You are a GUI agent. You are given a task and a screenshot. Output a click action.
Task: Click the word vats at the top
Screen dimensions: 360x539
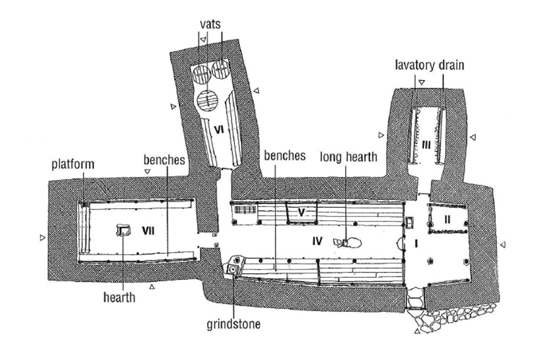point(212,22)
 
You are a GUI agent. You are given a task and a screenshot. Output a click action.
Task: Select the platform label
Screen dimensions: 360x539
point(77,162)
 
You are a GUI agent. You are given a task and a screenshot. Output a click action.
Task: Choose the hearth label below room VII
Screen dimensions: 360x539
point(119,298)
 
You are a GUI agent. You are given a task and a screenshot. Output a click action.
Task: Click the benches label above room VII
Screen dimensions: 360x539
point(164,160)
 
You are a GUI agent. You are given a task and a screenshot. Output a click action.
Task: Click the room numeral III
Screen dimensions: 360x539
point(426,145)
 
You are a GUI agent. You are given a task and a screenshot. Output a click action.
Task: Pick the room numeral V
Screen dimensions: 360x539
point(301,213)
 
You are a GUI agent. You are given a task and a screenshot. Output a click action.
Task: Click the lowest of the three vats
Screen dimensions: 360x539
point(208,101)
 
